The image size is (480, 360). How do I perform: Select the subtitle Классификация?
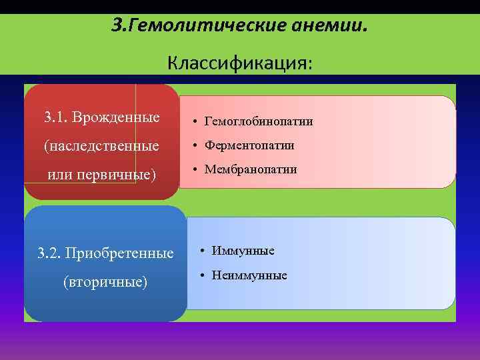click(x=239, y=63)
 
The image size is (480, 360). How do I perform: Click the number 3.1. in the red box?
click(x=57, y=118)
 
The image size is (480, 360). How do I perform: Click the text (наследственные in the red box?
click(x=101, y=145)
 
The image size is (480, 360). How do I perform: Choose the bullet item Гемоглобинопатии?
click(x=259, y=121)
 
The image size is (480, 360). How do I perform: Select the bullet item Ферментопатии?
click(x=249, y=145)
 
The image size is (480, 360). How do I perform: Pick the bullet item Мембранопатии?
click(x=250, y=169)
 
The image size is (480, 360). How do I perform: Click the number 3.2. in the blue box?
click(x=49, y=253)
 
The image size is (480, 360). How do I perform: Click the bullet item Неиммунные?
click(x=249, y=275)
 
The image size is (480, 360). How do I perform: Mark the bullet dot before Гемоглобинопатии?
click(x=191, y=122)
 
